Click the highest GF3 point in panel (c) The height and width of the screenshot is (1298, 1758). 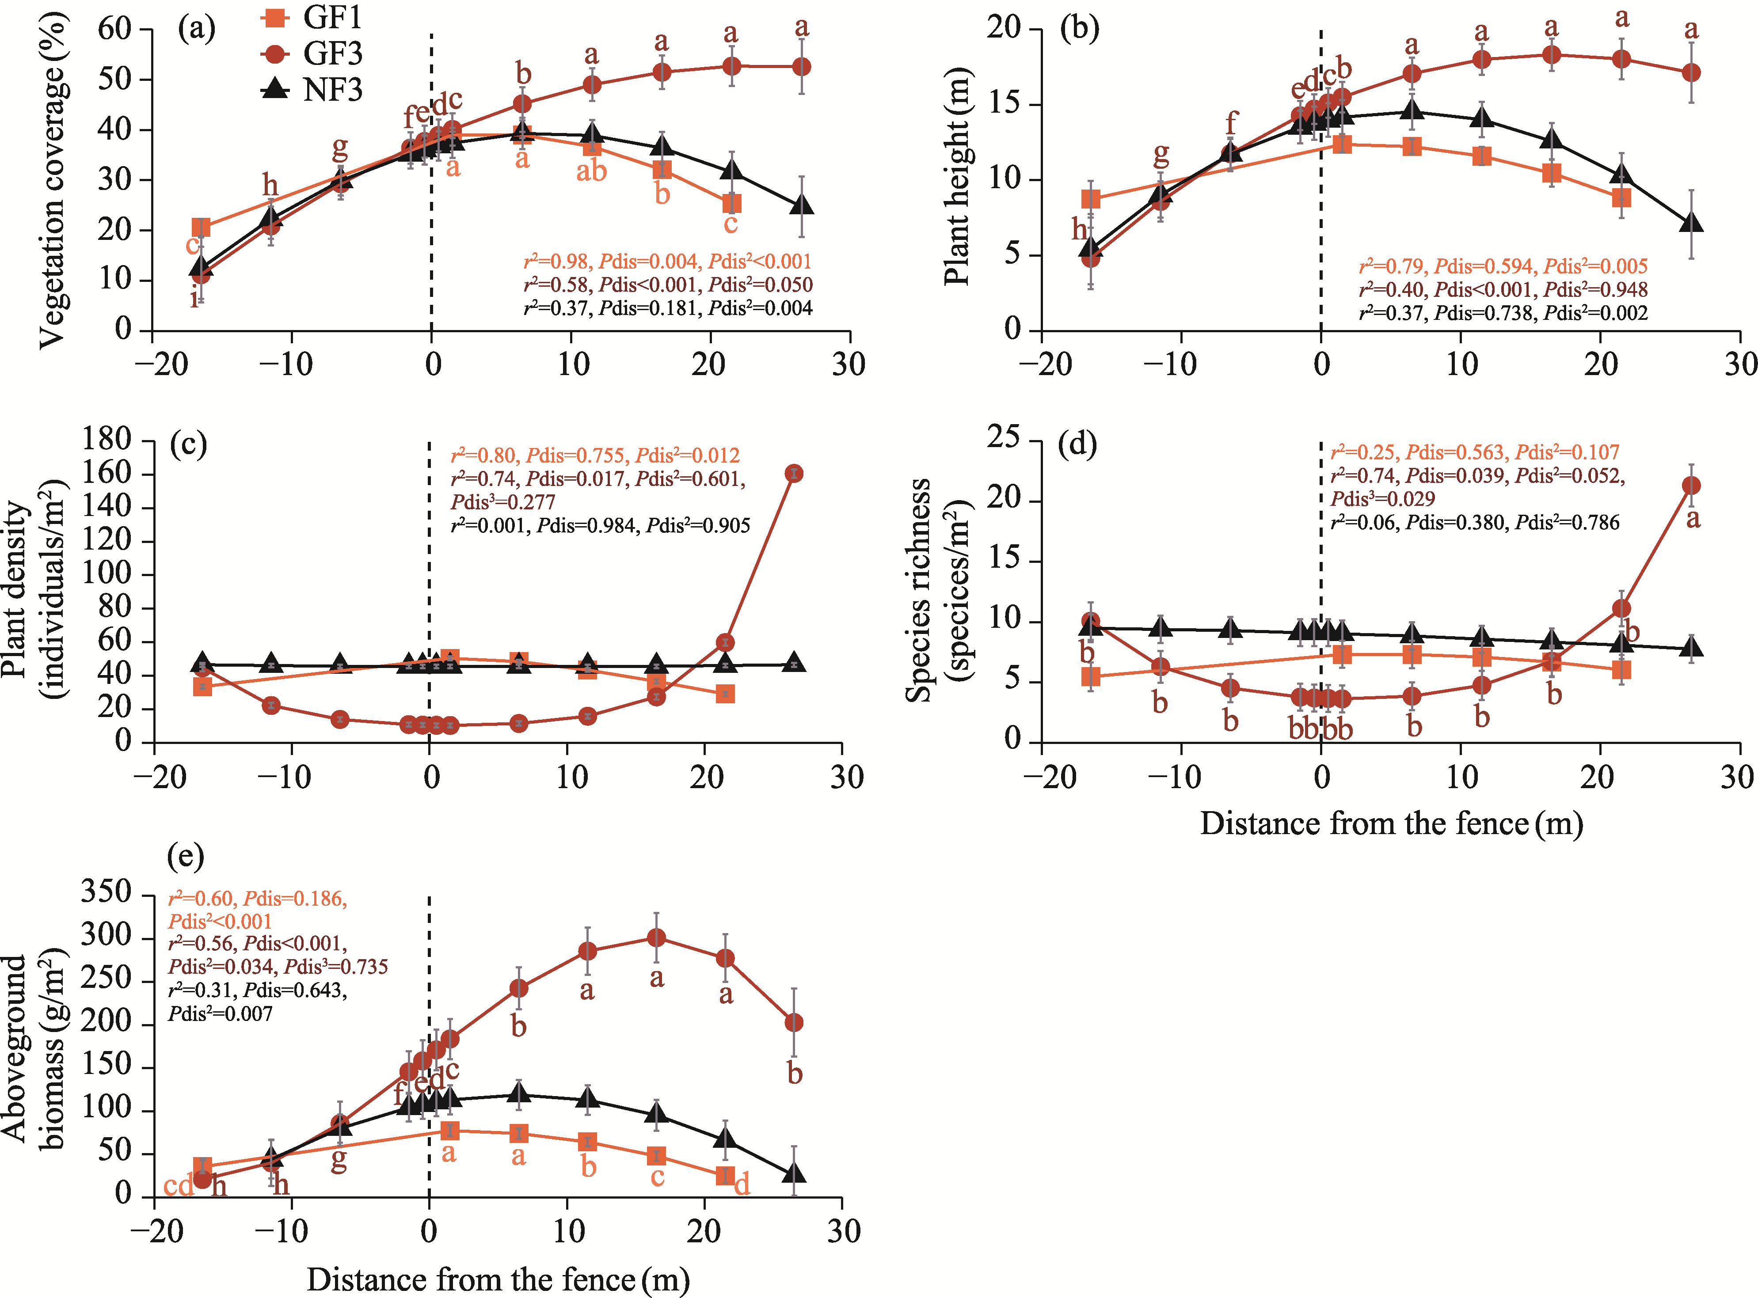point(794,473)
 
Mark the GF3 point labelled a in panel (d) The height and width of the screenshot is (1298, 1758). point(1691,486)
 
